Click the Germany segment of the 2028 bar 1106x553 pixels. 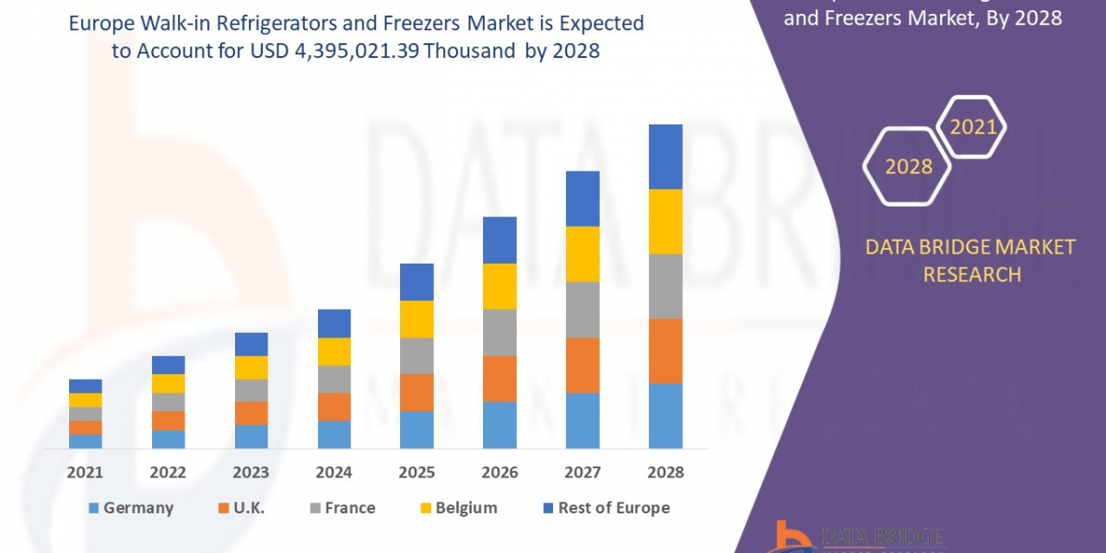click(x=665, y=416)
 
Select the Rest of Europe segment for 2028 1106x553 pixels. click(x=665, y=157)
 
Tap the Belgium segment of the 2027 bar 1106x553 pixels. click(x=582, y=253)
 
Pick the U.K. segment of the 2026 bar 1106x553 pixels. click(x=500, y=378)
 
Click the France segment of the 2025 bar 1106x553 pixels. click(x=417, y=355)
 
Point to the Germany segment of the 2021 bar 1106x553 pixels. click(x=85, y=441)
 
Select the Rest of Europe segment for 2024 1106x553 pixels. click(x=334, y=323)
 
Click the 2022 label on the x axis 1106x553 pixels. click(x=168, y=472)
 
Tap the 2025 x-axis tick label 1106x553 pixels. click(x=417, y=472)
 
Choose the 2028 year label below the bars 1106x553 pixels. click(x=665, y=472)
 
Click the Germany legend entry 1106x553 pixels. click(x=130, y=508)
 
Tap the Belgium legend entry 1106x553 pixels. click(x=458, y=508)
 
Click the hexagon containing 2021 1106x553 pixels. click(x=972, y=127)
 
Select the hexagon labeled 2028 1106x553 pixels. click(x=908, y=167)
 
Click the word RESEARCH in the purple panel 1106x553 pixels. click(x=971, y=274)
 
